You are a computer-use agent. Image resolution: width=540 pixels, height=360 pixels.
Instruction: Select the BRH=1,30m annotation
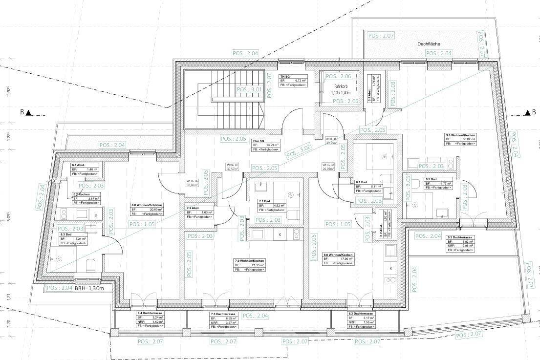pos(93,288)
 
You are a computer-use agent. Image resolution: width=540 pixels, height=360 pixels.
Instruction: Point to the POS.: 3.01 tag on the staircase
pos(250,90)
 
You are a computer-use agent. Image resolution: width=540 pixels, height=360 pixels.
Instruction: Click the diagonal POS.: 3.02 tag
pos(299,150)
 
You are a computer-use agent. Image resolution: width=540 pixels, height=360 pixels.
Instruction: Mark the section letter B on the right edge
pos(527,113)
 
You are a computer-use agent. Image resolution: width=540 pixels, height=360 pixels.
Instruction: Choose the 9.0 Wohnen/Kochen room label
pos(460,135)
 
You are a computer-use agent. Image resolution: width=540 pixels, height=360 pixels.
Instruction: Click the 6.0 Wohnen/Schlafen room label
pos(147,205)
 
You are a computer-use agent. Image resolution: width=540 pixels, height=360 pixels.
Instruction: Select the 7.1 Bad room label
pos(264,201)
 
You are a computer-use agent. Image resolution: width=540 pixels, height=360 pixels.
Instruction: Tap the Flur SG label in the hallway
pos(259,141)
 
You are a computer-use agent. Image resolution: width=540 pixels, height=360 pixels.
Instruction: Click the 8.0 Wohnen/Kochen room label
pos(338,255)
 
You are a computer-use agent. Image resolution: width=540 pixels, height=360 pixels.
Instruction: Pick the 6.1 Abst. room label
pos(79,165)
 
